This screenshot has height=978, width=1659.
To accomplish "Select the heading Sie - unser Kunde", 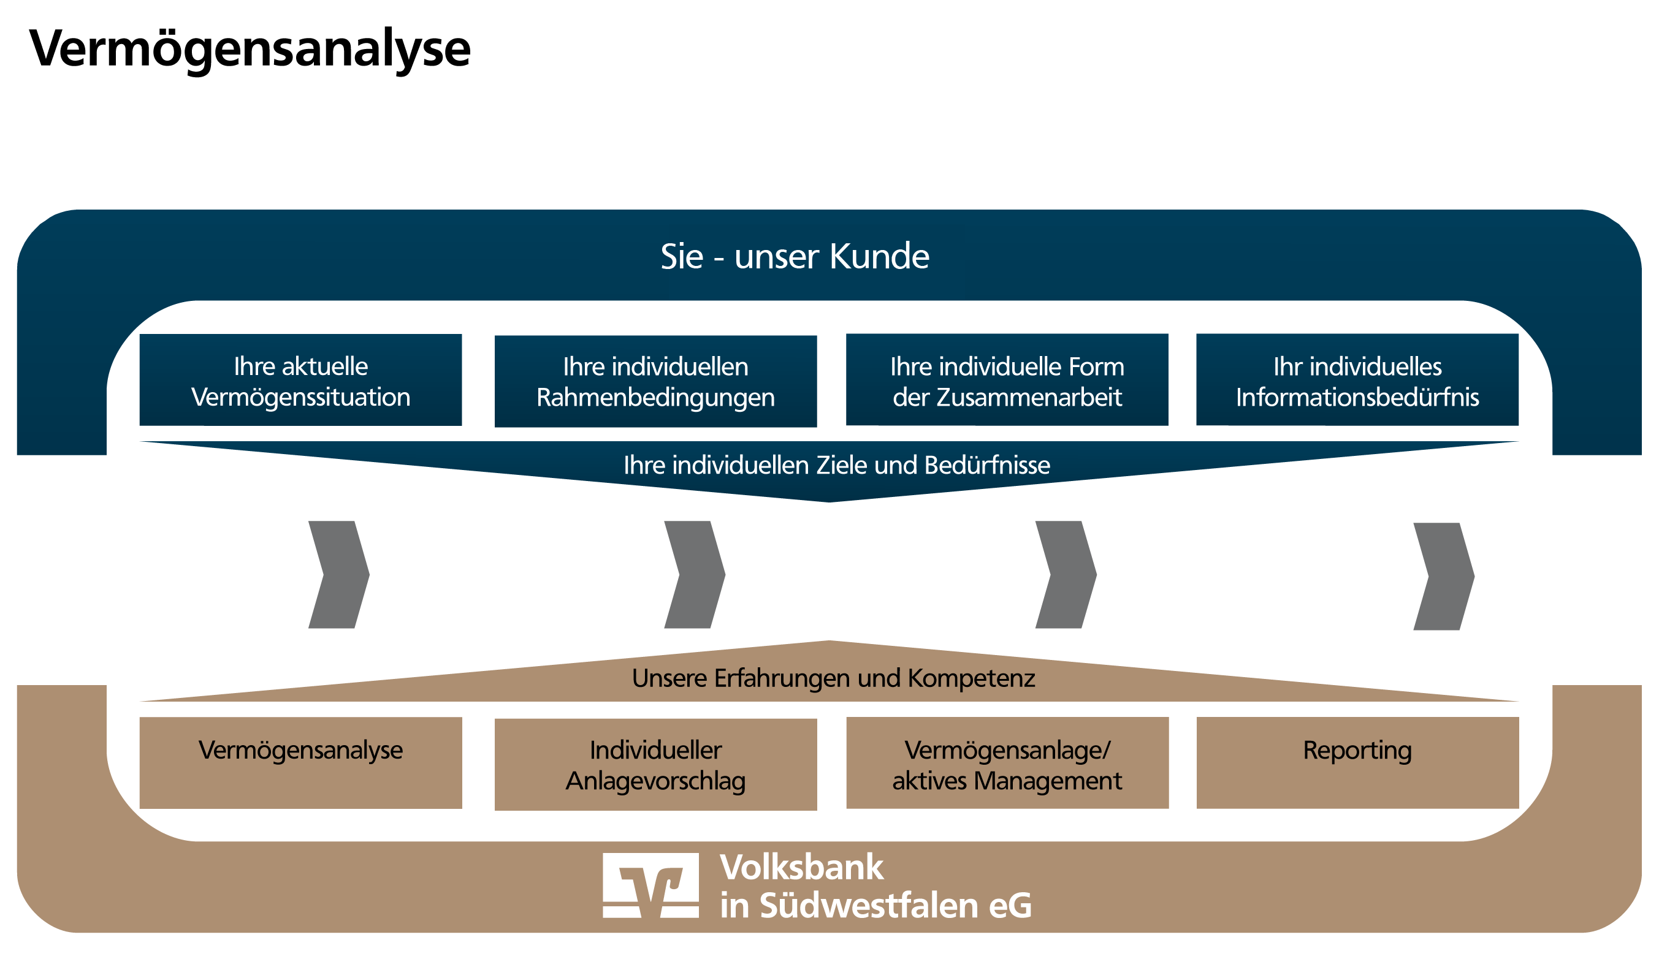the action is click(x=795, y=256).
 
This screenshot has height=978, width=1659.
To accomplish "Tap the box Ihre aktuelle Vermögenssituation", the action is click(x=300, y=381).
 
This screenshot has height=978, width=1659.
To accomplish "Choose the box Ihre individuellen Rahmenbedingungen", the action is click(x=655, y=382).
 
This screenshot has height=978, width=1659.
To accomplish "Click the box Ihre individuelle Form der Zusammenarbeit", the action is click(x=1007, y=381).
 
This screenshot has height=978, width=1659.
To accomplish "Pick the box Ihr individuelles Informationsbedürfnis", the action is click(x=1357, y=381).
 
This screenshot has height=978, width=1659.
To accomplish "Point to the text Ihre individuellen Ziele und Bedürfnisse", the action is click(x=837, y=465).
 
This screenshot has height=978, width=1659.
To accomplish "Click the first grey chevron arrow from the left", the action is click(x=339, y=575).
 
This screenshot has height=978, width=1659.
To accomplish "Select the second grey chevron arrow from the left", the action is click(x=695, y=575).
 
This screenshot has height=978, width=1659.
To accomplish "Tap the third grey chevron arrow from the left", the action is click(x=1066, y=575).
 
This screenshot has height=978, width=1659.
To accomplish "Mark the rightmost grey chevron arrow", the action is click(x=1443, y=577).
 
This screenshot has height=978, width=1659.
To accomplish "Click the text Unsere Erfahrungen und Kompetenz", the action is click(x=833, y=678).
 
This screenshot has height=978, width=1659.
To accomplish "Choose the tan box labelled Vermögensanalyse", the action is click(x=300, y=763).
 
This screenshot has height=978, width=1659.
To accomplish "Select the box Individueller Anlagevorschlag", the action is click(x=655, y=765).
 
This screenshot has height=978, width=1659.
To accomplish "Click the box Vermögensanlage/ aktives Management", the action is click(x=1007, y=763).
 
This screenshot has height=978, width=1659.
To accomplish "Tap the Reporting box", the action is click(x=1357, y=763).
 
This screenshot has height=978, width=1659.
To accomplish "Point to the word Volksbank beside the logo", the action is click(x=801, y=867).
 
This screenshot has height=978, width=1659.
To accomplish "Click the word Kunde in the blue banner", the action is click(x=879, y=256).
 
